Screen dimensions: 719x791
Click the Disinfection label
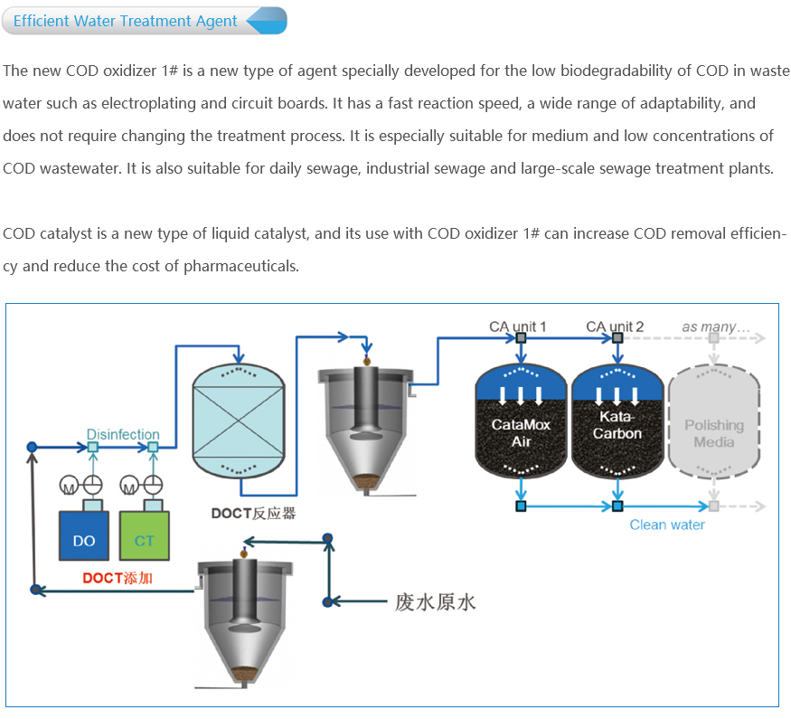(x=123, y=434)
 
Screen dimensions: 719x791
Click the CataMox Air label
(x=521, y=432)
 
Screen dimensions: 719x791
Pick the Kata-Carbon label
(x=617, y=425)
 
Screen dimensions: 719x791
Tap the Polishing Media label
(x=714, y=433)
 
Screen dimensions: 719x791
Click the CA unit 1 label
(x=517, y=326)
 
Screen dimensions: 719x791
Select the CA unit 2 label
(x=615, y=326)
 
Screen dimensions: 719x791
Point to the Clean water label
(x=667, y=525)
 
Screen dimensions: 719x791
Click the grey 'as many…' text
(x=716, y=326)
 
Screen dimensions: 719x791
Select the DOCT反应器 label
(x=254, y=513)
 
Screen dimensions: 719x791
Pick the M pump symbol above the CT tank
(x=129, y=487)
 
